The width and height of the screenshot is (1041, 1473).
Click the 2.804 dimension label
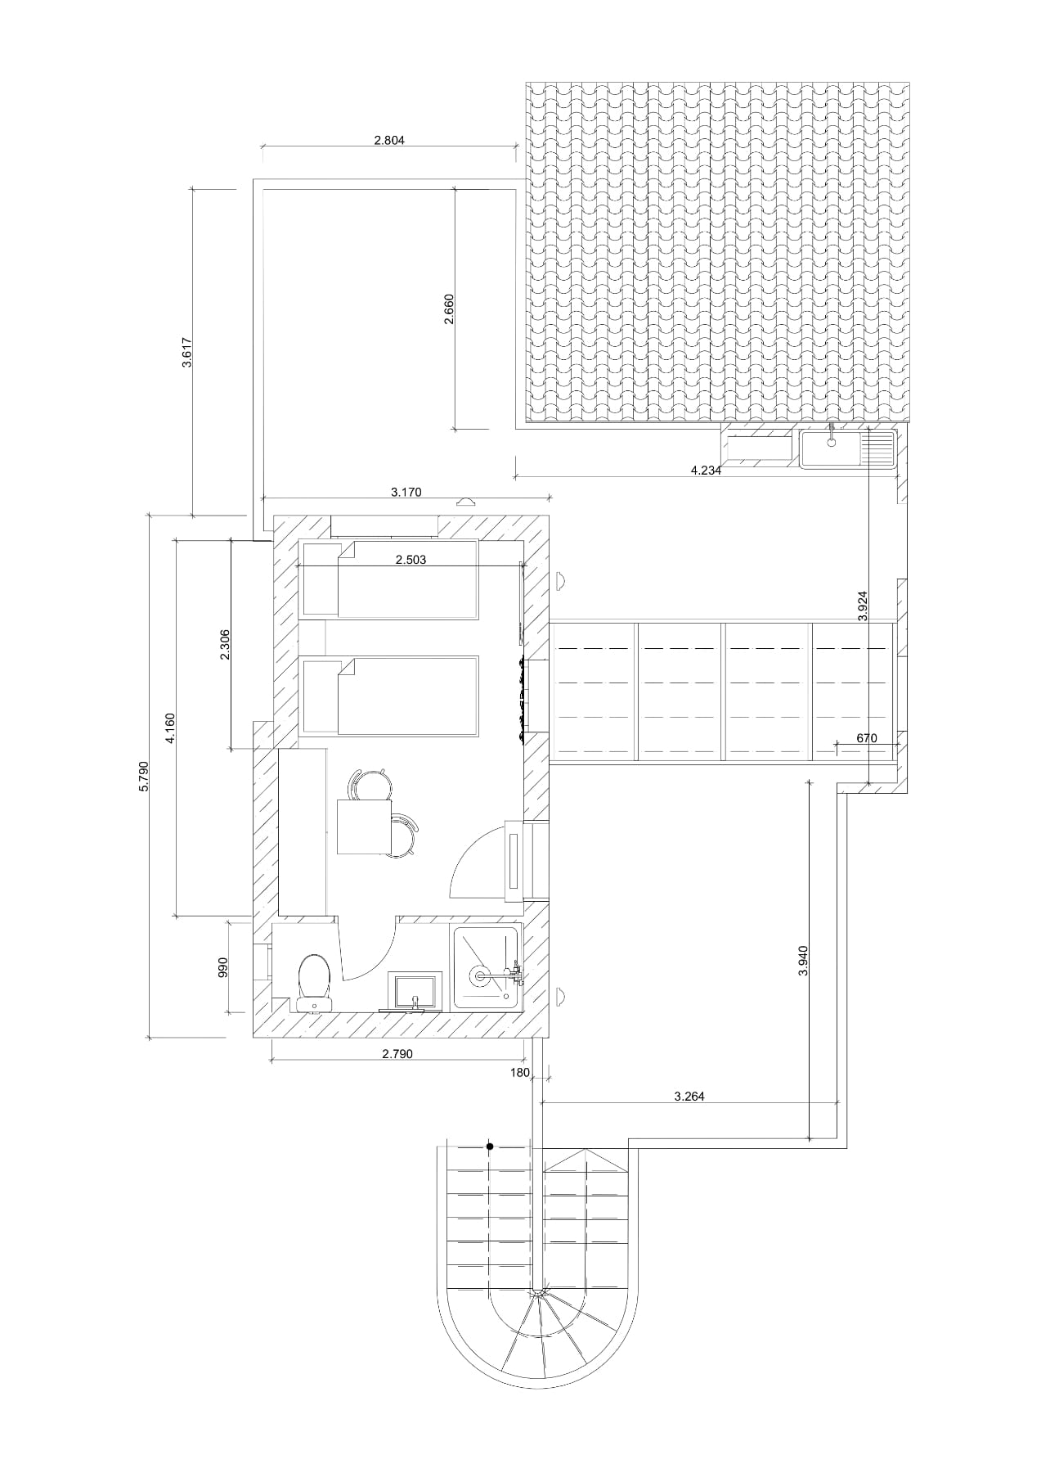coord(389,140)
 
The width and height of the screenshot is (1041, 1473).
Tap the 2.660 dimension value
coord(448,309)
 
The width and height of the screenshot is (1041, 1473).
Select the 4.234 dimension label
coord(706,471)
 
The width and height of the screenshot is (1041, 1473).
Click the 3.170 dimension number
coord(406,492)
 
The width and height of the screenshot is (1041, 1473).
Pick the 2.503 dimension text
coord(411,561)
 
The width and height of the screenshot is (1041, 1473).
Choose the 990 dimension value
coord(222,967)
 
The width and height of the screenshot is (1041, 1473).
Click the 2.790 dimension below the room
coord(397,1054)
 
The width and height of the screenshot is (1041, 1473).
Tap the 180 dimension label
coord(521,1072)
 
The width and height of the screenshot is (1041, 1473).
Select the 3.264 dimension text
coord(689,1097)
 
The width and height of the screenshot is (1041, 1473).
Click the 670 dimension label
coord(867,738)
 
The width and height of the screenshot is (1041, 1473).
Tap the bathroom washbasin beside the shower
coord(415,991)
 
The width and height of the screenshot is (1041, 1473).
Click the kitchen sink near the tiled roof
coord(829,448)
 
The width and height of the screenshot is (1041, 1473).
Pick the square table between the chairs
coord(364,827)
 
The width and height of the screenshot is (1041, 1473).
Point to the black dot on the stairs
coord(490,1146)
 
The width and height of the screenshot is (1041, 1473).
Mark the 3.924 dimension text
coord(863,606)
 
